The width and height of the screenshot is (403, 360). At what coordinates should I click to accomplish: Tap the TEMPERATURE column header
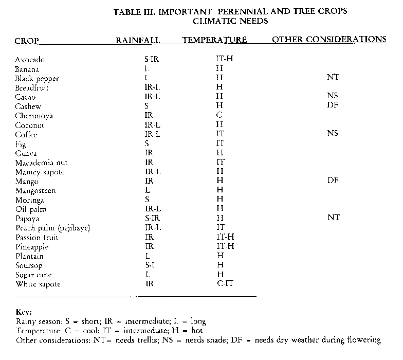(214, 40)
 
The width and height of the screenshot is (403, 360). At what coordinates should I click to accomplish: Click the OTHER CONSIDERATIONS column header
(329, 39)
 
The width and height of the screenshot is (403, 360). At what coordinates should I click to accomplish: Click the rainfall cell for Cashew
(146, 106)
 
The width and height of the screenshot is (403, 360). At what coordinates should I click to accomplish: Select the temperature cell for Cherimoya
(219, 116)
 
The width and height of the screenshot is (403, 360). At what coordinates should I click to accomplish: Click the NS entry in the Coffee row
(333, 134)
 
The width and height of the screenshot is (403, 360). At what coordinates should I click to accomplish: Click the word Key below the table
(24, 312)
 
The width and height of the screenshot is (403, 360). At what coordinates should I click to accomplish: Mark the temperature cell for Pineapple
(225, 247)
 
